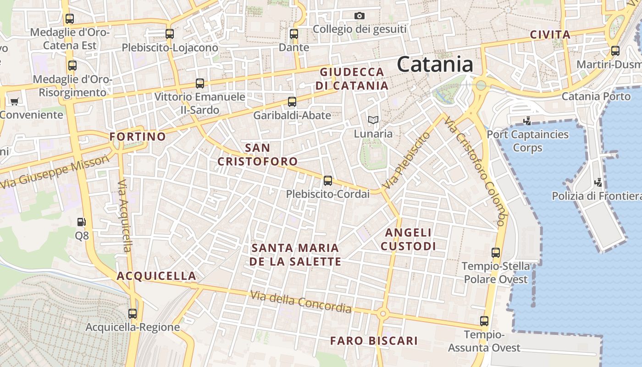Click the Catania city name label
[x=435, y=64]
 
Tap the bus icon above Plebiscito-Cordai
[x=327, y=180]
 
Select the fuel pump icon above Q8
[x=81, y=222]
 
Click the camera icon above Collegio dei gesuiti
[x=360, y=16]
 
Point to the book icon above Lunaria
[x=373, y=120]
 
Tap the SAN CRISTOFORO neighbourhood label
[x=258, y=155]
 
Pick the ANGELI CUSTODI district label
[x=408, y=239]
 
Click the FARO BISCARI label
[x=374, y=341]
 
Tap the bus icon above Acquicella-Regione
[x=133, y=314]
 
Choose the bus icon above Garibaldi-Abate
[x=292, y=102]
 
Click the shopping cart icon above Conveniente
[x=14, y=101]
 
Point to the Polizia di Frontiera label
[x=596, y=196]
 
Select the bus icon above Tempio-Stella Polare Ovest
[x=495, y=253]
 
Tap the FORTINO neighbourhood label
[x=138, y=137]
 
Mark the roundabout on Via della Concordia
[x=383, y=314]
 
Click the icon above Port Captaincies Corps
[x=527, y=121]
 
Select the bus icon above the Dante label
[x=294, y=34]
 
